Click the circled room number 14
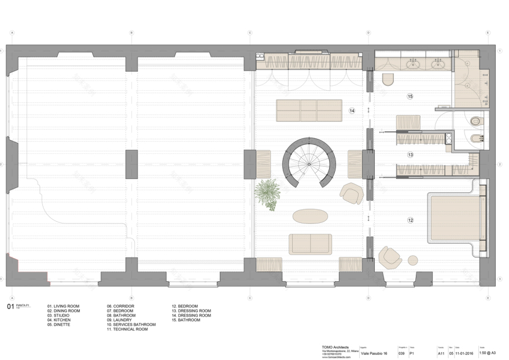[351, 110]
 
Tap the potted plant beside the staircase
[267, 189]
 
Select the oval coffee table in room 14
[310, 216]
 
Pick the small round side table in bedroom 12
[414, 259]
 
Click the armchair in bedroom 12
[390, 258]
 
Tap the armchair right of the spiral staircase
[351, 193]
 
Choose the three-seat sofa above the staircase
[304, 110]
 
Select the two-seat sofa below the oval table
[311, 244]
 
